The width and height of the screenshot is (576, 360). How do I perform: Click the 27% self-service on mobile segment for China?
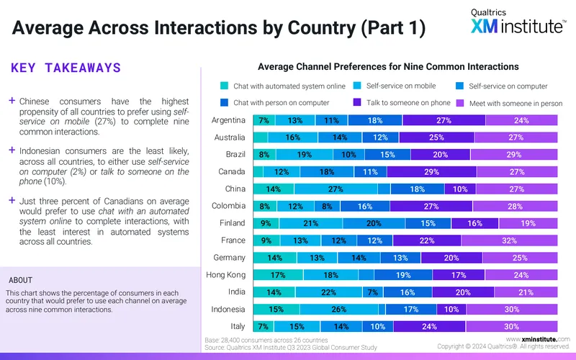click(336, 189)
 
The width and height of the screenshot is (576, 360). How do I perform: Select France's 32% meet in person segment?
click(510, 240)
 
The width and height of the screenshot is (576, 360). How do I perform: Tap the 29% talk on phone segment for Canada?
click(431, 171)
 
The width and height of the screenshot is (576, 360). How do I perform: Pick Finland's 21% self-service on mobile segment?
click(311, 223)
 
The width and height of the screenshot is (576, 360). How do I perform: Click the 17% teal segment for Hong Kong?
click(278, 275)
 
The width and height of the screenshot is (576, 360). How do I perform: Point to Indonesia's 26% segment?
click(339, 310)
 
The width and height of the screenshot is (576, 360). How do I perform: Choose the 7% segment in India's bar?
click(373, 292)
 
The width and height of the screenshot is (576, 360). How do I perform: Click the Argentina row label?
click(228, 120)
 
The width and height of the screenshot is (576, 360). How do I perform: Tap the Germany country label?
click(229, 258)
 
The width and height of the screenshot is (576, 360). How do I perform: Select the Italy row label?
click(238, 326)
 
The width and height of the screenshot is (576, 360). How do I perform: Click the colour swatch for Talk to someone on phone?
click(356, 102)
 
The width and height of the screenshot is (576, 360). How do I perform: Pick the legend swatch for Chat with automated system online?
click(224, 86)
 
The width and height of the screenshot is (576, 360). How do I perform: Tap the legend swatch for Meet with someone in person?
click(460, 103)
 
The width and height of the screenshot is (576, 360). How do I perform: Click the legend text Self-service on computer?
click(508, 86)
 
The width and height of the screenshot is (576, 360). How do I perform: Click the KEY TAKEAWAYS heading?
click(66, 68)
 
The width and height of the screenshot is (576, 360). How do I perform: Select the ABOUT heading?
click(21, 280)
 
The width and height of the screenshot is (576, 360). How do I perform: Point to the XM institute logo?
click(518, 22)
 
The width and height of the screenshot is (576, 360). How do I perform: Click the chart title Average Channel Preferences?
click(388, 66)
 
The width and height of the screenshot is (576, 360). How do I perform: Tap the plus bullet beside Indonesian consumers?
click(12, 150)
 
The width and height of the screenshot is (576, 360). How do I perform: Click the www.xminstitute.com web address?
click(538, 339)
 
